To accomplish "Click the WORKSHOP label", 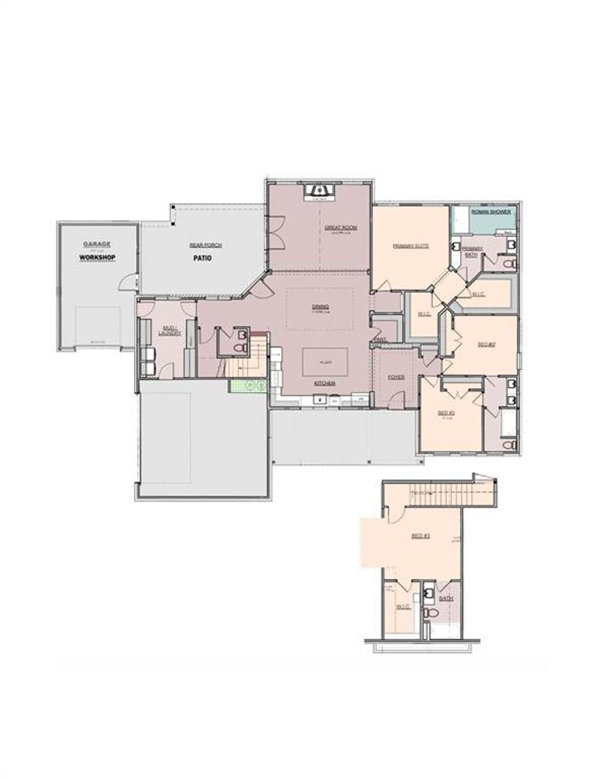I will click(x=97, y=258).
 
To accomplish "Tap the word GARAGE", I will click(x=97, y=244).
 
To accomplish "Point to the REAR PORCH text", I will click(x=205, y=245).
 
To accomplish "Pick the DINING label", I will click(x=320, y=307).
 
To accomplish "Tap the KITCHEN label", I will click(x=325, y=383).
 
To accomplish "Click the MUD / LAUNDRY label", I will click(x=170, y=330).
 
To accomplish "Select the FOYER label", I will click(x=396, y=377).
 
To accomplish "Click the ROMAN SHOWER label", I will click(x=491, y=212).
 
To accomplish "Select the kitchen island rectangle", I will click(x=325, y=362).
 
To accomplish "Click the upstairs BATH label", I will click(x=445, y=599).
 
